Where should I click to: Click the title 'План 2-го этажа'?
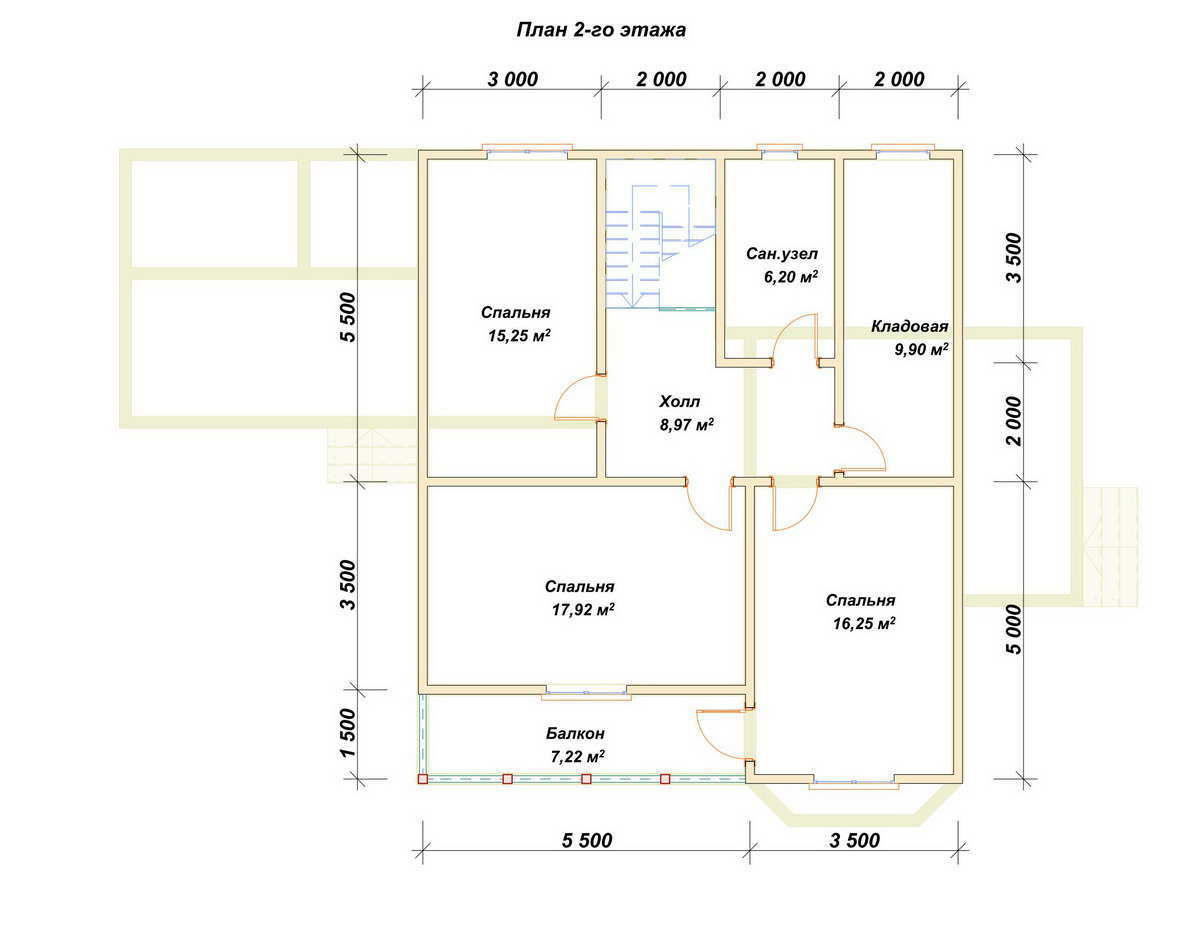(x=601, y=30)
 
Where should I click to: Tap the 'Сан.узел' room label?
(x=782, y=254)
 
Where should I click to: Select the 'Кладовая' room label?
(x=909, y=326)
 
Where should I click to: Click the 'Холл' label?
(x=679, y=401)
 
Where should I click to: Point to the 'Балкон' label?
(x=575, y=733)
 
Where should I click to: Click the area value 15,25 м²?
(x=519, y=336)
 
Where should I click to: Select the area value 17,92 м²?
(x=583, y=609)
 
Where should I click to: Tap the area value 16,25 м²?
(x=864, y=623)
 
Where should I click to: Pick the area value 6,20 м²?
(x=791, y=277)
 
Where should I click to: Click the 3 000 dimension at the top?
(x=512, y=80)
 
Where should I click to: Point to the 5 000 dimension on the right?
(x=1015, y=629)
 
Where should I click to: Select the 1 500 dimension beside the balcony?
(x=346, y=732)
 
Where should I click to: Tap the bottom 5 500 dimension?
(x=587, y=840)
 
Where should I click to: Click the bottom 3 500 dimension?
(x=854, y=840)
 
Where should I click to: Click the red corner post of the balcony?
(x=423, y=779)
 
